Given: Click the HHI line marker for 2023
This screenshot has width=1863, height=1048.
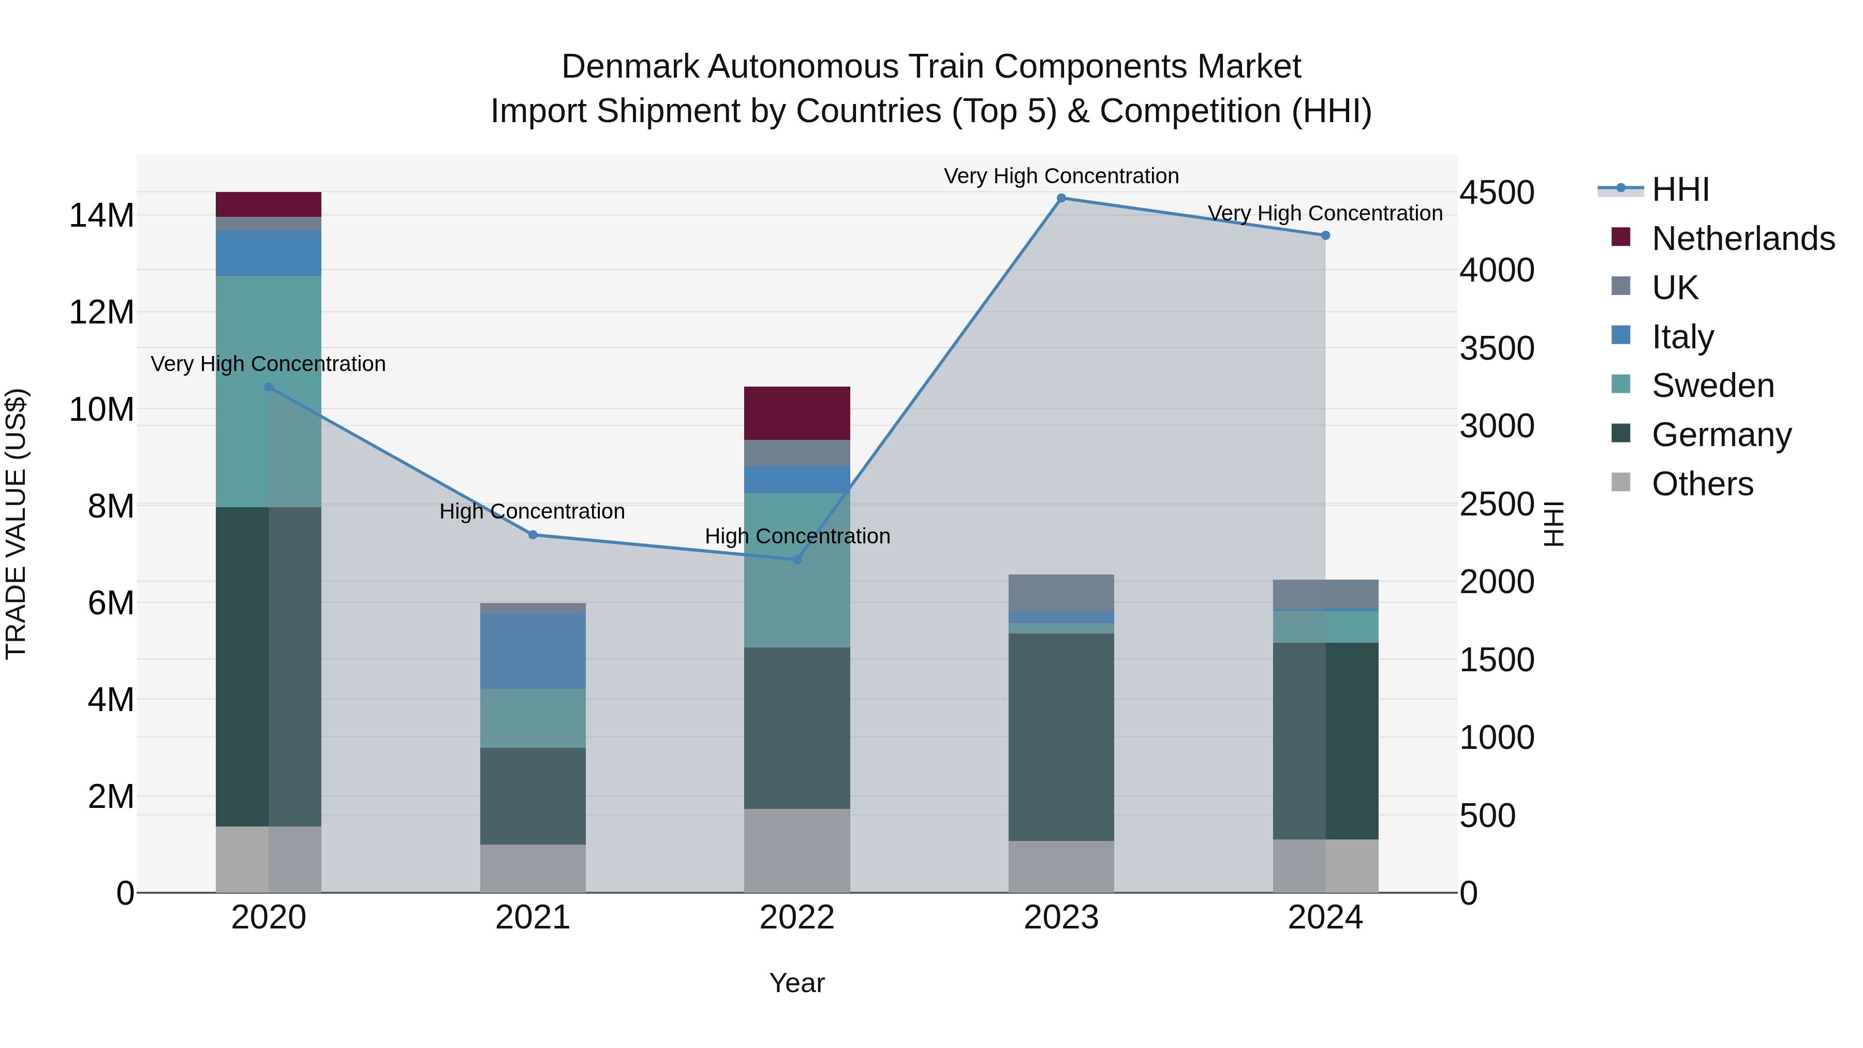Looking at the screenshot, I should click(x=1061, y=198).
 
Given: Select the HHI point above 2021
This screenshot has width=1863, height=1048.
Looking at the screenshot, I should click(x=533, y=535).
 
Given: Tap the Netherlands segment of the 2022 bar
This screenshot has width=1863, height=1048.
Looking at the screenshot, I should click(x=797, y=414).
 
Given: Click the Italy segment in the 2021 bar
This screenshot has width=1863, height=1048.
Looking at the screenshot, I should click(x=533, y=651).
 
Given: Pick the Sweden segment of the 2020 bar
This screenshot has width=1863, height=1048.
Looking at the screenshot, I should click(x=268, y=391).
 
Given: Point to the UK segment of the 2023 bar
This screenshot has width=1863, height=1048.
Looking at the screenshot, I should click(x=1061, y=593).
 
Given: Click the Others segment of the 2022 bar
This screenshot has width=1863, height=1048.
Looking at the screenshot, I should click(x=797, y=850).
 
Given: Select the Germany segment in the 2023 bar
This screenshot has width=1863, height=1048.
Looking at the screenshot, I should click(x=1061, y=737).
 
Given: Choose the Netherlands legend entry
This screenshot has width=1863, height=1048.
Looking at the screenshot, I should click(x=1743, y=239).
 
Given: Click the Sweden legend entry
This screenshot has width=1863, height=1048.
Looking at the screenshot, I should click(x=1712, y=386).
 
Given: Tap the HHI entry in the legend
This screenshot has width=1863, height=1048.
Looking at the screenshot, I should click(x=1680, y=189).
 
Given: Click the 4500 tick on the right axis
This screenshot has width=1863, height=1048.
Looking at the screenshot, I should click(x=1496, y=193).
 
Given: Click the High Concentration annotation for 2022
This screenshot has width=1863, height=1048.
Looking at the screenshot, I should click(x=797, y=537).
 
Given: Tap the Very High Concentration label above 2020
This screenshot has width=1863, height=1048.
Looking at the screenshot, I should click(x=268, y=364).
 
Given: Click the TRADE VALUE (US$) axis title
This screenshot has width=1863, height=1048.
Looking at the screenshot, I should click(x=16, y=524).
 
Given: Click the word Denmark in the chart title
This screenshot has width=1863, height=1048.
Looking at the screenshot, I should click(x=629, y=67).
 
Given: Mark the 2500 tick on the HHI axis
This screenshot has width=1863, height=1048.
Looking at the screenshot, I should click(x=1496, y=505).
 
